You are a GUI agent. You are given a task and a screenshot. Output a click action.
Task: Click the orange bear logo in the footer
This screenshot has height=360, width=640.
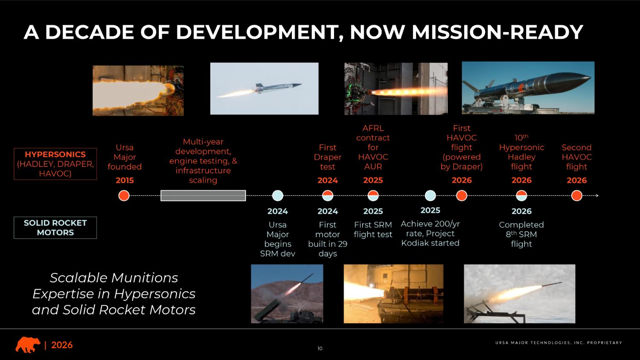click(x=28, y=345)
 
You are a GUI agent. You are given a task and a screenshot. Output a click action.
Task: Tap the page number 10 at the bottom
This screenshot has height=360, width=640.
click(x=320, y=348)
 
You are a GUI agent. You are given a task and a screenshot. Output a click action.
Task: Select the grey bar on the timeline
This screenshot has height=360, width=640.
click(x=203, y=196)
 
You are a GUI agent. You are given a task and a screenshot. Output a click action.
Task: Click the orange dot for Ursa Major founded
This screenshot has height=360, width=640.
click(x=124, y=196)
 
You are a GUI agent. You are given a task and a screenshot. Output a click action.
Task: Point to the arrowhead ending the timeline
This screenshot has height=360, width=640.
click(x=597, y=196)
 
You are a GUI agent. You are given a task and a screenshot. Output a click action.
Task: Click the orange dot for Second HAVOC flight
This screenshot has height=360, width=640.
click(x=576, y=196)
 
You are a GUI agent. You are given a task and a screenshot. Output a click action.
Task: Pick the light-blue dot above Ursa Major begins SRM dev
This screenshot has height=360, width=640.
click(x=277, y=196)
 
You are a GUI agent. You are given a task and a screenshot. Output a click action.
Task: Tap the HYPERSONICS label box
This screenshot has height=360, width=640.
click(x=55, y=164)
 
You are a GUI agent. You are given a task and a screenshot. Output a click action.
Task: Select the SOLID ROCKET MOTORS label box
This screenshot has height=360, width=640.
click(x=55, y=228)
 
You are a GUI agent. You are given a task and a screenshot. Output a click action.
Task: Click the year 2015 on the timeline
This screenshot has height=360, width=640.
click(x=125, y=180)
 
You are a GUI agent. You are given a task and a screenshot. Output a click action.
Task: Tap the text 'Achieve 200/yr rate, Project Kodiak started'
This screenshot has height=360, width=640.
click(x=430, y=233)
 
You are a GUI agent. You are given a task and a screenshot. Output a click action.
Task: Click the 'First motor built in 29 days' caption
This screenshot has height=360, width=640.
click(x=328, y=239)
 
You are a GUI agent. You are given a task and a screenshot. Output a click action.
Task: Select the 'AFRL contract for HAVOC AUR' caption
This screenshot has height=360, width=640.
click(x=373, y=148)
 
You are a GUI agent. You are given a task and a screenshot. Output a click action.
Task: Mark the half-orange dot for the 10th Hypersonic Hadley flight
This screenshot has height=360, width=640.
click(x=521, y=196)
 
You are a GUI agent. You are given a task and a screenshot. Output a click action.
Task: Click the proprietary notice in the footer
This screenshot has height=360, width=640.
click(x=559, y=343)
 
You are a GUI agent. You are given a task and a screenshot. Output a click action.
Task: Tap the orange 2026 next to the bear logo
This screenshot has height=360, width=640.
click(x=62, y=345)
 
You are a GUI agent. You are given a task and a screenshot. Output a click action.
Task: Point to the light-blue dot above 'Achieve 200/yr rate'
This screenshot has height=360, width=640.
click(x=430, y=196)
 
